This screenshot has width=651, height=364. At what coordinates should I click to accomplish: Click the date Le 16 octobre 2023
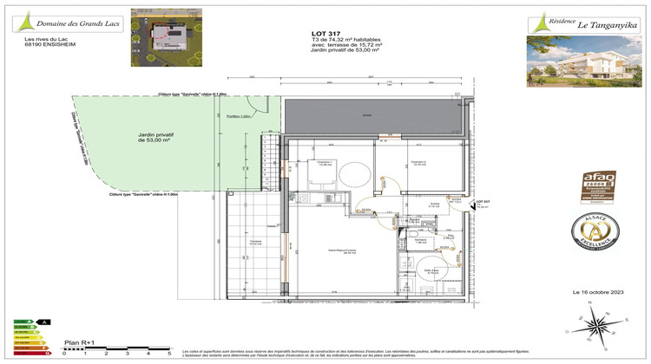[597, 292]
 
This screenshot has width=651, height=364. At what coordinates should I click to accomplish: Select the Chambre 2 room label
[418, 162]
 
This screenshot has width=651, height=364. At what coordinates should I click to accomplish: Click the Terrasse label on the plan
[255, 242]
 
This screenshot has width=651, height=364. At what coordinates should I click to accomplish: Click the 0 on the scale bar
[64, 354]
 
